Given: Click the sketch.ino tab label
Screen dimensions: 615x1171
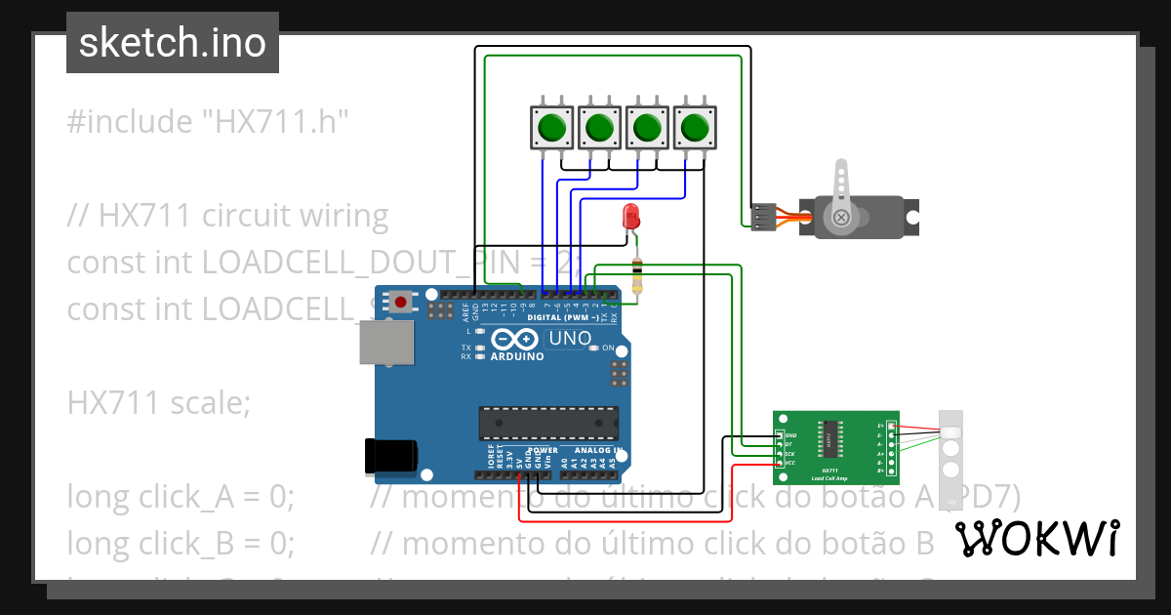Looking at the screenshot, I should pos(172,43).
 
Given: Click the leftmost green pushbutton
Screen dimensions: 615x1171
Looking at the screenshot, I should pos(553,127).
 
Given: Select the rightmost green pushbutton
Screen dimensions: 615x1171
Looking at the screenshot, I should pos(695,127).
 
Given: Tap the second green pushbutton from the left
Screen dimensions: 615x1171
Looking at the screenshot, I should pos(600,127).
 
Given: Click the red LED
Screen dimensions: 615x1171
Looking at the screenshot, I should pos(631,216).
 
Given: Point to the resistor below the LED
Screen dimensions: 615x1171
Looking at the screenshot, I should pos(637,274).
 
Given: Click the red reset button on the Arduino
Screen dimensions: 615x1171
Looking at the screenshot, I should pos(400,302).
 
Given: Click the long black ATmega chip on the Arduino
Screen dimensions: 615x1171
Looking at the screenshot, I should pos(546,423).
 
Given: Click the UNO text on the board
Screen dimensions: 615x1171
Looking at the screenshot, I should pos(570,338).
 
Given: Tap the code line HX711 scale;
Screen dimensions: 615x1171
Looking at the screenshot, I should pos(158,402).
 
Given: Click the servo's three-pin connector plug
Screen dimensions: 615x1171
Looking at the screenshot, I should pos(763,217).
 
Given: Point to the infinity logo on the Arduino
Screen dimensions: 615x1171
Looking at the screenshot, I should pos(514,339).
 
